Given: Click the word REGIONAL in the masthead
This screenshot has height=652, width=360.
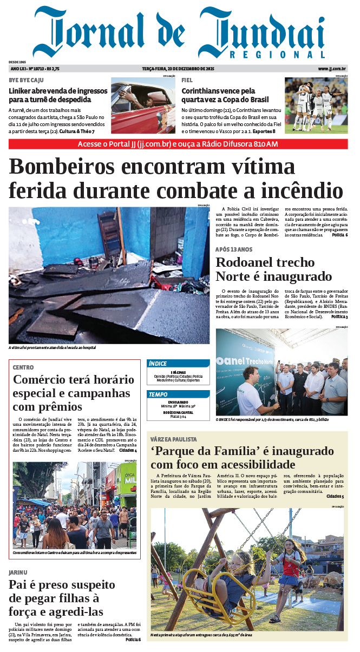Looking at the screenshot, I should coord(277,55).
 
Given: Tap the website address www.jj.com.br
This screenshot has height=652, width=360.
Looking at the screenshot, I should coord(332,69).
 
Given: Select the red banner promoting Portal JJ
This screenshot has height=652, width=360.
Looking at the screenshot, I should coord(178,144).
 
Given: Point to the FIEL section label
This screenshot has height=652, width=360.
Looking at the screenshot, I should coord(187,80).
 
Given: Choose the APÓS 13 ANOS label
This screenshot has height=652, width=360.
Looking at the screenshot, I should coord(234,249).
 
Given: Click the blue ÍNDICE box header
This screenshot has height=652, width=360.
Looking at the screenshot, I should coord(178,364).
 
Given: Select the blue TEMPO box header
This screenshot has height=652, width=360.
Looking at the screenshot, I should coord(178,394).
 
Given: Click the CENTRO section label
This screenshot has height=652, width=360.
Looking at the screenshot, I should coord(23,367).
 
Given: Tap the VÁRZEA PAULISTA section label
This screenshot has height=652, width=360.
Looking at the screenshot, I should coord(174,439).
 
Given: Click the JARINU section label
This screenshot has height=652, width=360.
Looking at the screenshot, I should coord(18,572).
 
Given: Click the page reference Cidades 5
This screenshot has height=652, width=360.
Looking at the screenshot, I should coord(335,496).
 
